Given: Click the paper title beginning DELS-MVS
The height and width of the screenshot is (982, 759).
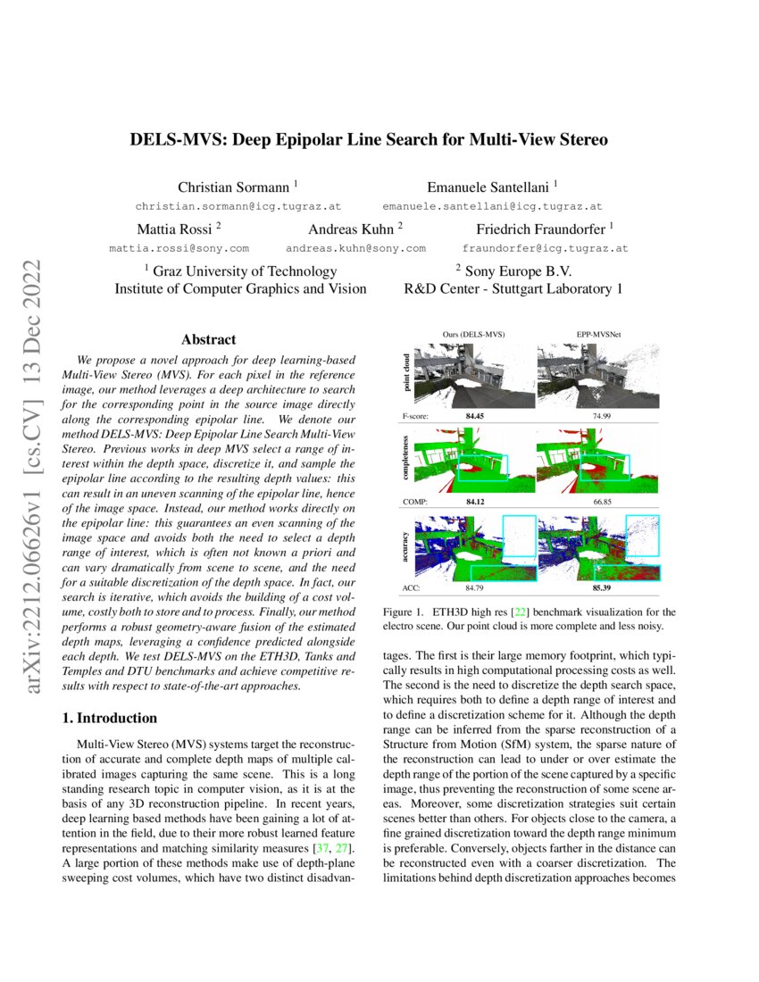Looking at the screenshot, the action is point(369,140).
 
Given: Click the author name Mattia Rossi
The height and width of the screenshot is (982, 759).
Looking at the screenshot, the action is point(174,229).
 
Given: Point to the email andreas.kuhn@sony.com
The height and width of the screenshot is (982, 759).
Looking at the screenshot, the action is point(355,247).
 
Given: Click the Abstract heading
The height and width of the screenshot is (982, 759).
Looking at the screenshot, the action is point(208,339).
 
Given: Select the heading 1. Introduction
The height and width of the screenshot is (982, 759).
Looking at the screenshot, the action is point(108,718).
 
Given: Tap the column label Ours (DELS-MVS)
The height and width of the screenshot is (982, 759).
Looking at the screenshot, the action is point(473,334).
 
